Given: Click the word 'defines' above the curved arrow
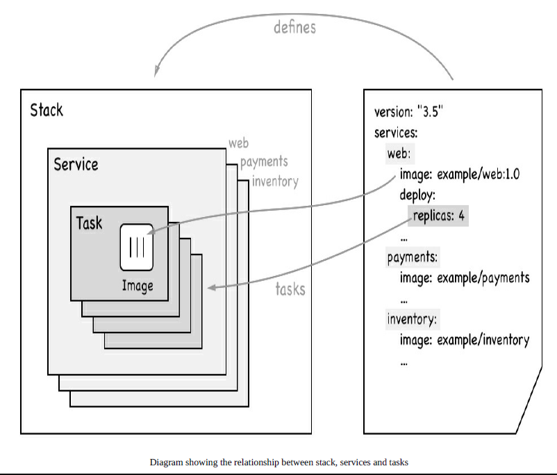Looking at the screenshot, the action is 294,27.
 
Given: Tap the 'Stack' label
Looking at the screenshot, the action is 47,110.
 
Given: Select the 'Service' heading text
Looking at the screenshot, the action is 76,164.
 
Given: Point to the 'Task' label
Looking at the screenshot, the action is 89,223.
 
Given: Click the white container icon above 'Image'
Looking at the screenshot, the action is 137,248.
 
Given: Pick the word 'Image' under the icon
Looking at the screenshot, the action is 138,286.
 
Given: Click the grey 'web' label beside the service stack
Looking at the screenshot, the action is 239,143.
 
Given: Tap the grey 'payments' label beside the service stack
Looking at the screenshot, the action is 264,162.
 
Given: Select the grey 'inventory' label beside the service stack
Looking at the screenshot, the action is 275,182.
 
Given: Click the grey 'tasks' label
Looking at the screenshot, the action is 290,289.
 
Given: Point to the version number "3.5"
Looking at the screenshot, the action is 430,112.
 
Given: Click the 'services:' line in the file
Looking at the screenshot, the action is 396,133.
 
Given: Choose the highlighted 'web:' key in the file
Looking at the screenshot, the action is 399,154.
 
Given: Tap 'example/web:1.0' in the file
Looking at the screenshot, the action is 478,175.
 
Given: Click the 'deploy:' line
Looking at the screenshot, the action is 417,195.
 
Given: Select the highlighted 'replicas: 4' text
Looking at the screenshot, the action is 439,216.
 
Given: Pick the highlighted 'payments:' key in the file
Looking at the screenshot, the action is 413,257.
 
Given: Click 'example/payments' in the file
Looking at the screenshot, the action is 483,278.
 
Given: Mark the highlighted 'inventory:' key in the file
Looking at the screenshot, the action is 412,319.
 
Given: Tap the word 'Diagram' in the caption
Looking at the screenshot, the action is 166,462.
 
